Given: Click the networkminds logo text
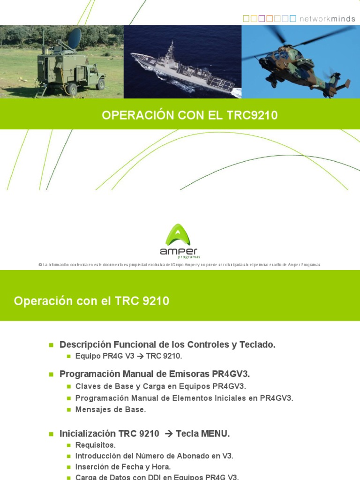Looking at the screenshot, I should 326,18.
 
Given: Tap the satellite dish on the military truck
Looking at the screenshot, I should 74,38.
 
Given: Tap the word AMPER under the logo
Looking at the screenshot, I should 179,251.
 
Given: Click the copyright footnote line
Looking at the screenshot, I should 180,265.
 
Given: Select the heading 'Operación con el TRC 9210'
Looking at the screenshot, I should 92,301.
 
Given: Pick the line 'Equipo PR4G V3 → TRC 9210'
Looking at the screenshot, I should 128,356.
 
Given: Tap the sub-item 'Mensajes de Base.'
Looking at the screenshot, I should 111,409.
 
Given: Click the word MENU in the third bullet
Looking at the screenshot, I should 215,434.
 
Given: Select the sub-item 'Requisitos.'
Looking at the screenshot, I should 95,445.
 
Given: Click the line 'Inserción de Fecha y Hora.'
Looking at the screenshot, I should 123,467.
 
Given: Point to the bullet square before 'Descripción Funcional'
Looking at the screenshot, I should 52,345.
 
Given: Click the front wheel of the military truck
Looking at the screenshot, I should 100,84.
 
